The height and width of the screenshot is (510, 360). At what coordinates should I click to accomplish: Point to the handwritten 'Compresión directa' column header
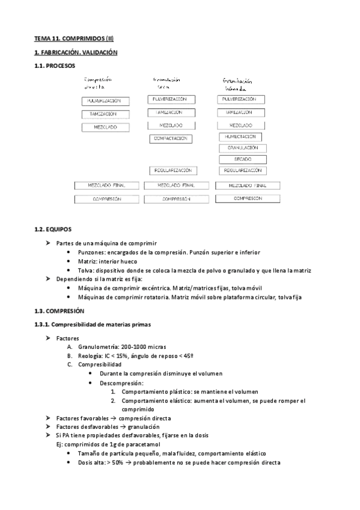[x=97, y=83]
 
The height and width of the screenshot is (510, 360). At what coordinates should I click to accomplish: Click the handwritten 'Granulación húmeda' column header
[x=237, y=85]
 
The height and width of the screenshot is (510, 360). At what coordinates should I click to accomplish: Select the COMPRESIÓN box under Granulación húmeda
[x=249, y=198]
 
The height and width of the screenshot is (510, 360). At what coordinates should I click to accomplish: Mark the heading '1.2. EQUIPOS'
[x=53, y=229]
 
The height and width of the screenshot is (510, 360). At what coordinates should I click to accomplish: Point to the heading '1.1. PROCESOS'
[x=55, y=66]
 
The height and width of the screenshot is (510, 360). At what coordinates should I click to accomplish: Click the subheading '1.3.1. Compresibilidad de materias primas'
[x=93, y=325]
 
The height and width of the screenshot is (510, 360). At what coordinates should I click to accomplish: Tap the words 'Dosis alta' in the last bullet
[x=91, y=462]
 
